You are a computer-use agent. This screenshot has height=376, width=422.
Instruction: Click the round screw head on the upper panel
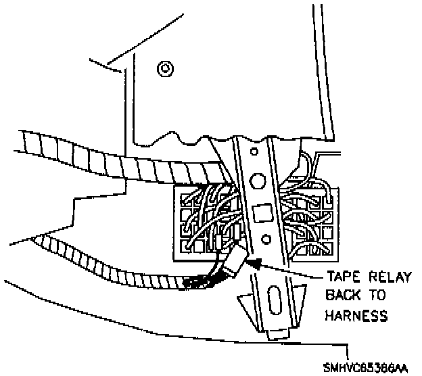(x=163, y=68)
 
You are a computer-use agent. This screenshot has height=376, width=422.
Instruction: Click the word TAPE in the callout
(x=342, y=277)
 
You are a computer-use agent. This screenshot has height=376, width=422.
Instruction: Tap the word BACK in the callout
(x=343, y=296)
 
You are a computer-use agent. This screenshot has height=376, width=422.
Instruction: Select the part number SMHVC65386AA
(x=382, y=367)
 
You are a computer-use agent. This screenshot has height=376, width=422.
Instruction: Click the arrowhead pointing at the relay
(x=252, y=262)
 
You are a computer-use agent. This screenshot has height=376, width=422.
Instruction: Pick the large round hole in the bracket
(x=258, y=180)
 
